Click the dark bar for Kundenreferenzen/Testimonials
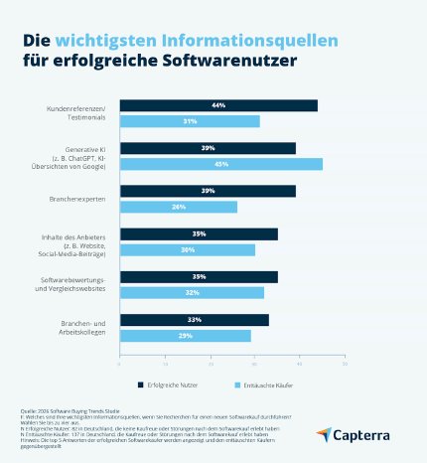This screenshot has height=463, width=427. click(x=218, y=105)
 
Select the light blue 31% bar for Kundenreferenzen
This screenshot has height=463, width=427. click(x=190, y=121)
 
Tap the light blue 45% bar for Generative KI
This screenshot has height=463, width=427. click(x=221, y=164)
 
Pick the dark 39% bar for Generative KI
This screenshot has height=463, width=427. click(x=208, y=148)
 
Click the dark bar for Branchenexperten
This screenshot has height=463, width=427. click(x=208, y=191)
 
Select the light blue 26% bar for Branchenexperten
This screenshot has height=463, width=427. click(x=179, y=207)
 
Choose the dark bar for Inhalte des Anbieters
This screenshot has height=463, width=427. click(x=199, y=234)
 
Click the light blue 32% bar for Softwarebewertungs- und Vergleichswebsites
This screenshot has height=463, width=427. click(x=192, y=293)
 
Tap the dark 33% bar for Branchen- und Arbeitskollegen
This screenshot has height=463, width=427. click(x=195, y=320)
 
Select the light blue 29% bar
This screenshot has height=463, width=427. click(x=185, y=336)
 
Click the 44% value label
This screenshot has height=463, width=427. click(x=218, y=105)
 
